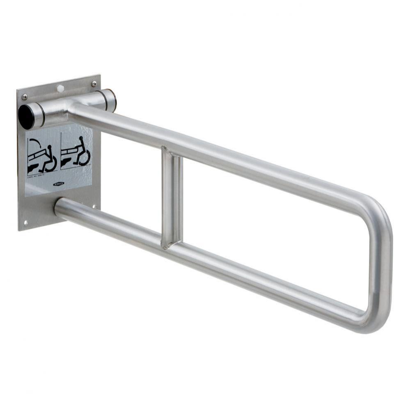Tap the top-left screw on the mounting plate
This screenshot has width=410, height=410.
click(25, 97)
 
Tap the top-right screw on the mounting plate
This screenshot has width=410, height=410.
click(94, 84)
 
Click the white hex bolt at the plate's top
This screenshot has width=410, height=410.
click(60, 88)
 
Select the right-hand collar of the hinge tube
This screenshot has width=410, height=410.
click(109, 100)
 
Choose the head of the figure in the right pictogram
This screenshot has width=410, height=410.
click(81, 140)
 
